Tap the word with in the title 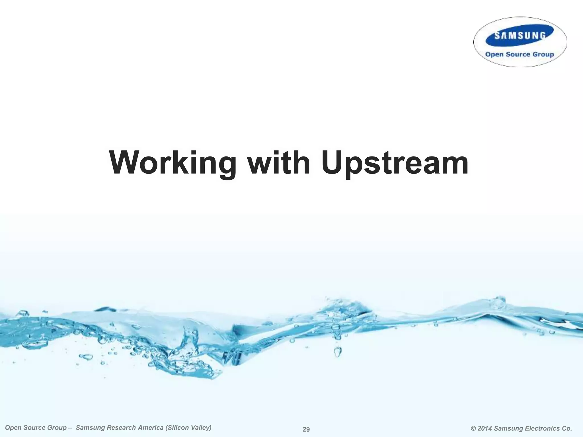click(279, 162)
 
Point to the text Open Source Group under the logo click(520, 54)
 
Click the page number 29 click(306, 429)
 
